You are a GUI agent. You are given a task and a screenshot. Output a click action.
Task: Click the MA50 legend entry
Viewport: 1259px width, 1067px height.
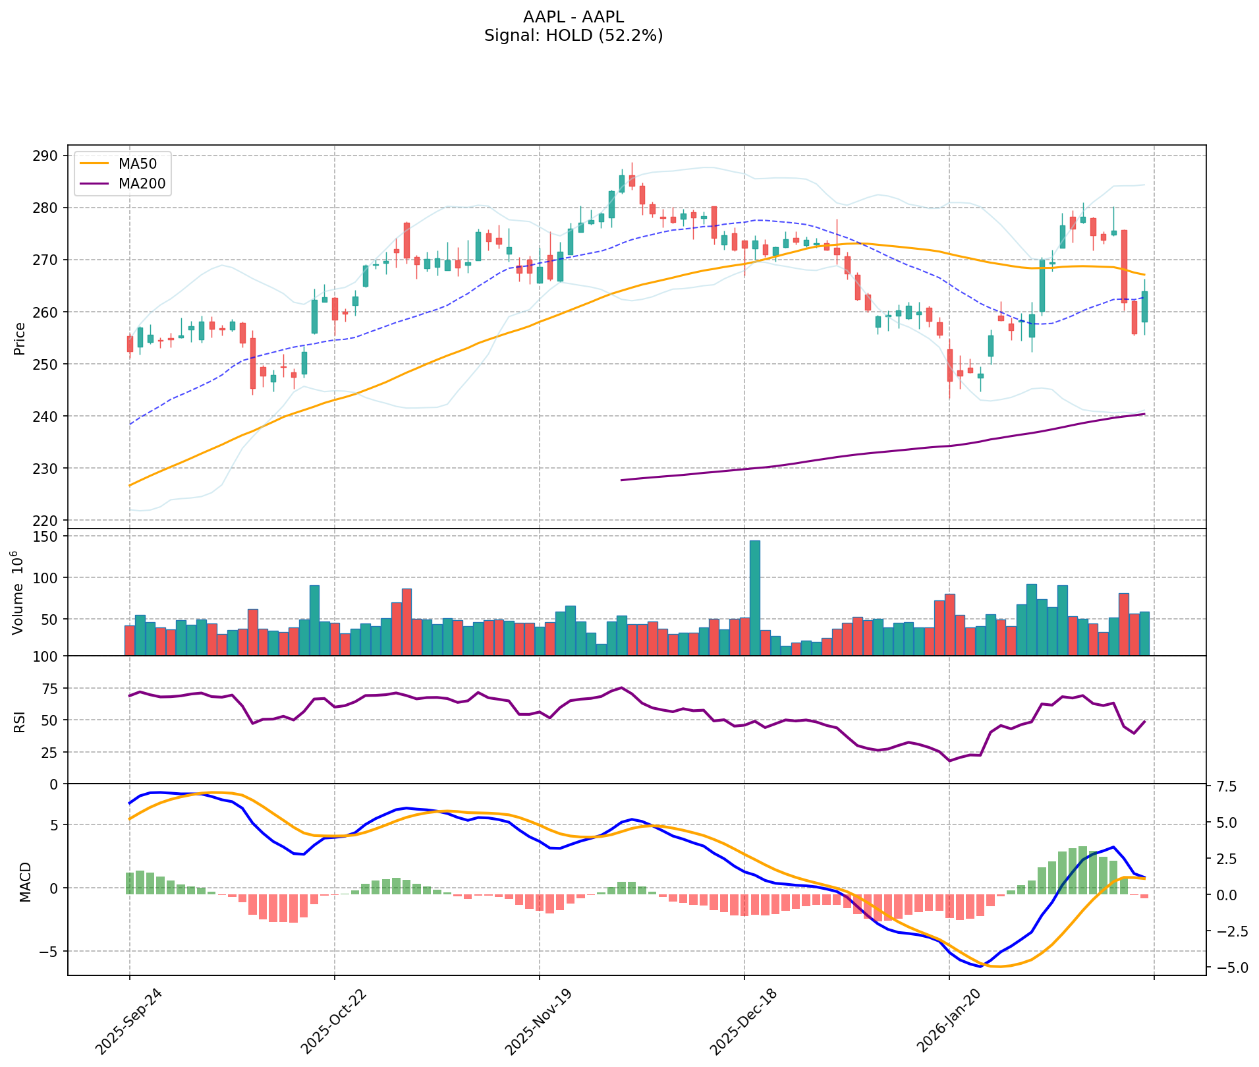[136, 164]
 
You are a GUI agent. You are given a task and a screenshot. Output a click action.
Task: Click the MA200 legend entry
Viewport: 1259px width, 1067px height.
[141, 185]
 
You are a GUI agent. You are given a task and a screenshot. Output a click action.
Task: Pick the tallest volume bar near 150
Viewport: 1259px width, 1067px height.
[755, 597]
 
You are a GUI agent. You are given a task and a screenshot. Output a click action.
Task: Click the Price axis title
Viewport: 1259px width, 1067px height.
[20, 338]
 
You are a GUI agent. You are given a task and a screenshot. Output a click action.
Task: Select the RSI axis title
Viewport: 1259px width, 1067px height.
[20, 721]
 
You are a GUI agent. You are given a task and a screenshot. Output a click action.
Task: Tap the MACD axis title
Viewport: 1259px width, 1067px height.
[25, 882]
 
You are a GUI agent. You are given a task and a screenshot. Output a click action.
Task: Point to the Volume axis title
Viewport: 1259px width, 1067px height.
[18, 593]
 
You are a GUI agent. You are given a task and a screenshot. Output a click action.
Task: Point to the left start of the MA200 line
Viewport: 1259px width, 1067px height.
[621, 480]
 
